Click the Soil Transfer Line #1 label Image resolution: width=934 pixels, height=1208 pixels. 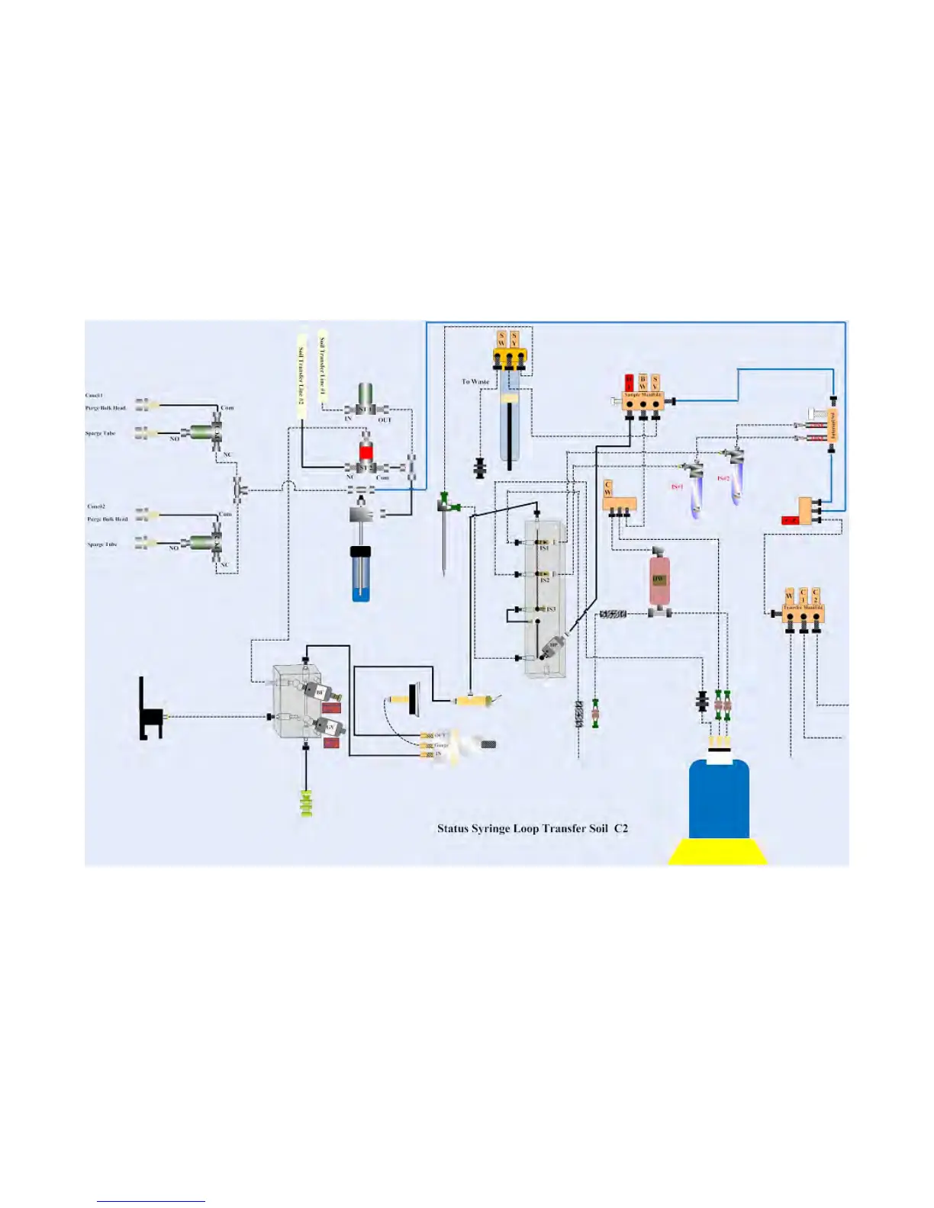(x=323, y=369)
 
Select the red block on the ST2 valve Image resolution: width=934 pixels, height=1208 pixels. (x=366, y=451)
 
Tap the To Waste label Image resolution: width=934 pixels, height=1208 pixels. (x=475, y=381)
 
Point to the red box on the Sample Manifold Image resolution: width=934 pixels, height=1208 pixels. (x=630, y=382)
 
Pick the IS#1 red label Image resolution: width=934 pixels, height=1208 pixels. (x=677, y=487)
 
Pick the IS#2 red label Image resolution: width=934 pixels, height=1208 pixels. (x=723, y=478)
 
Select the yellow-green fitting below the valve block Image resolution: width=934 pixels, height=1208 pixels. (x=307, y=804)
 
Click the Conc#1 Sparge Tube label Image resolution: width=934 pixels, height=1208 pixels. (x=101, y=433)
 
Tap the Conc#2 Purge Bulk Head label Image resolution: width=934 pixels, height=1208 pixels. (x=108, y=519)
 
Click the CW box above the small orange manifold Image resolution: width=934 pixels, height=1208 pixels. (x=608, y=489)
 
